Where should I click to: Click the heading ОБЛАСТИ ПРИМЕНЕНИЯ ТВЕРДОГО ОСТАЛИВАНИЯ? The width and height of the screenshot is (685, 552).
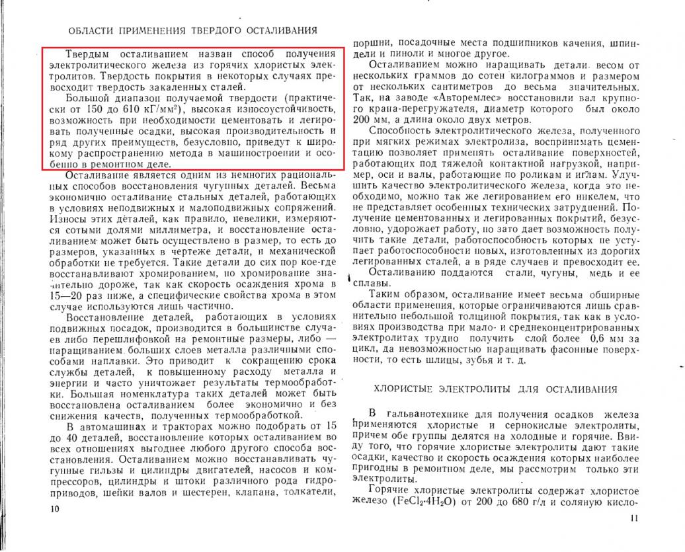(192, 30)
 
